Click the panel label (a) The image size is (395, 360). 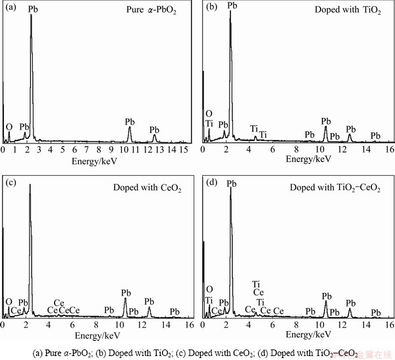click(11, 9)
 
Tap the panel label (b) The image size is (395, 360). click(211, 9)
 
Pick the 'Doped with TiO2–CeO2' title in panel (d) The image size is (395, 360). click(335, 188)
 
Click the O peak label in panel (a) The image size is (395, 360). click(9, 126)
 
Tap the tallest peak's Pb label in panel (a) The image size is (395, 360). click(33, 10)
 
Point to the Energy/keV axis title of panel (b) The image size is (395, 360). click(300, 159)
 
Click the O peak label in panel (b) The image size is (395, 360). click(209, 113)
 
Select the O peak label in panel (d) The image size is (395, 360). click(209, 289)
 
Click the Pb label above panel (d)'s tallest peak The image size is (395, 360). click(231, 184)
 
